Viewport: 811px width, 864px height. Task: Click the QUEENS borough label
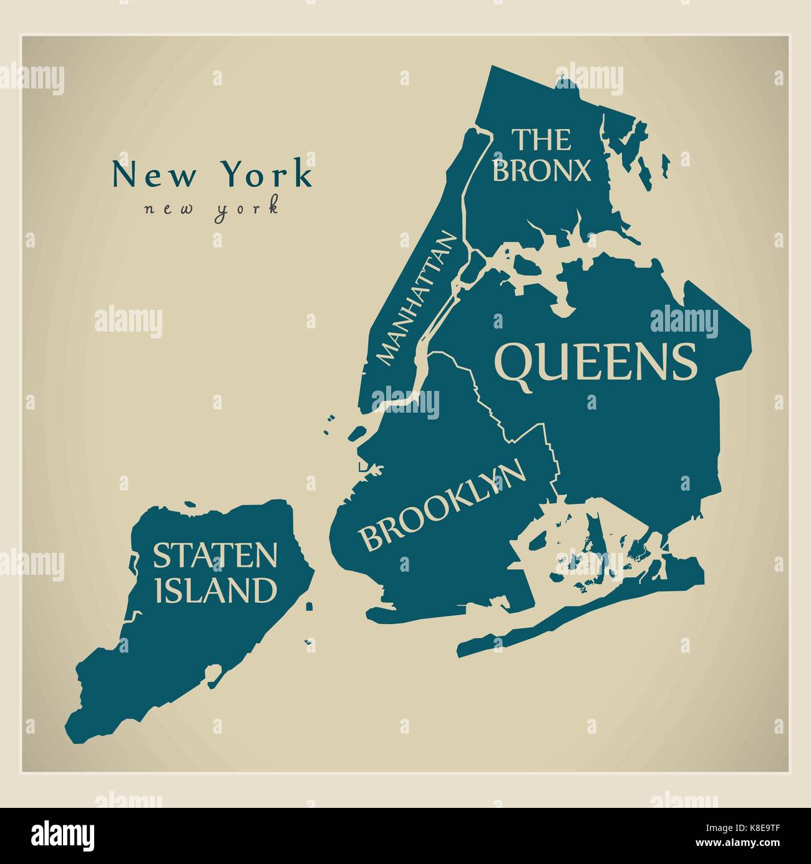pyautogui.click(x=595, y=363)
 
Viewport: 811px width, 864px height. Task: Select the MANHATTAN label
pyautogui.click(x=417, y=299)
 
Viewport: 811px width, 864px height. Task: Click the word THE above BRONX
pyautogui.click(x=541, y=140)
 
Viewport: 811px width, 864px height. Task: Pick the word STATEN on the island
pyautogui.click(x=215, y=555)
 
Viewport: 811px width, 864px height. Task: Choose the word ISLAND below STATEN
pyautogui.click(x=215, y=590)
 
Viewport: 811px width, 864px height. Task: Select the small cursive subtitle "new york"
pyautogui.click(x=211, y=208)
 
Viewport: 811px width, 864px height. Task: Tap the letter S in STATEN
pyautogui.click(x=161, y=555)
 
